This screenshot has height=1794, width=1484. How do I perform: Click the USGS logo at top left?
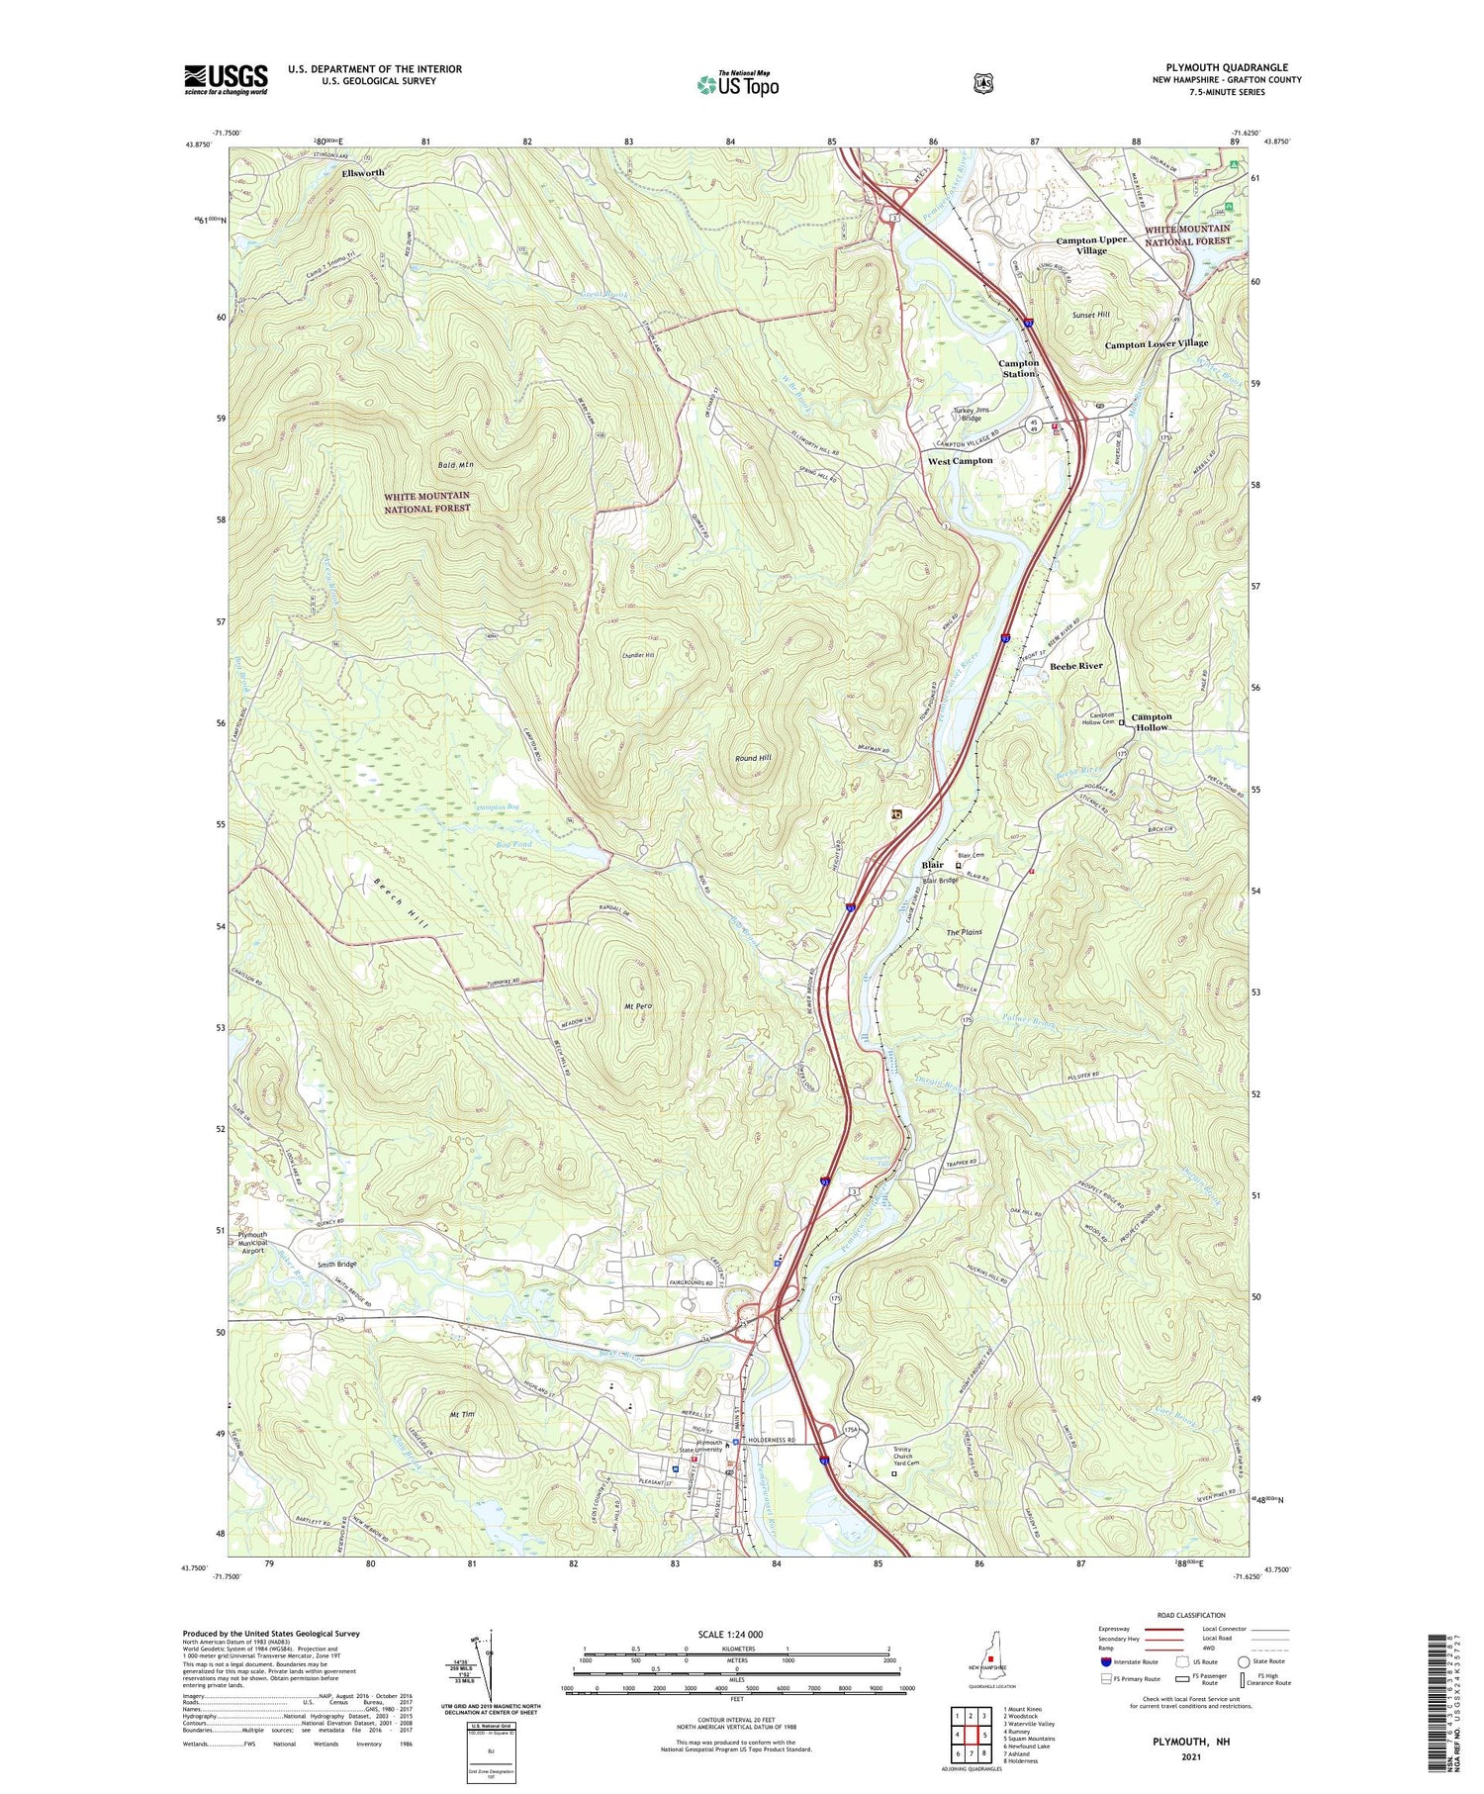point(225,79)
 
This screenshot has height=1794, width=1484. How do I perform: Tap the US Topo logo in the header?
point(737,85)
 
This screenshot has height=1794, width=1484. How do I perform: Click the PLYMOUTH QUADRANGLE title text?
point(1226,68)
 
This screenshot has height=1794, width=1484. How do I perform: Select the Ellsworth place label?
point(362,173)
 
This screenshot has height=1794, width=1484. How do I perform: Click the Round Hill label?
point(753,758)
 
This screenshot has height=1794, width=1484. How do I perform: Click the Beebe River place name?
point(1075,666)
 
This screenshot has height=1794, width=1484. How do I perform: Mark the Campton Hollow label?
point(1151,722)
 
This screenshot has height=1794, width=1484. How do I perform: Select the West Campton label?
point(960,461)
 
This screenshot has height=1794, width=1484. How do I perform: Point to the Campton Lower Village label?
point(1156,343)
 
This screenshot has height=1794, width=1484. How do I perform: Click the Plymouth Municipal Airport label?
point(252,1242)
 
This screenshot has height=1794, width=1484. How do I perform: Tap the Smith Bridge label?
point(336,1265)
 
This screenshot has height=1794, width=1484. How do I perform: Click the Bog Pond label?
point(512,844)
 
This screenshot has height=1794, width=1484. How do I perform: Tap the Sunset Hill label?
point(1091,315)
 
